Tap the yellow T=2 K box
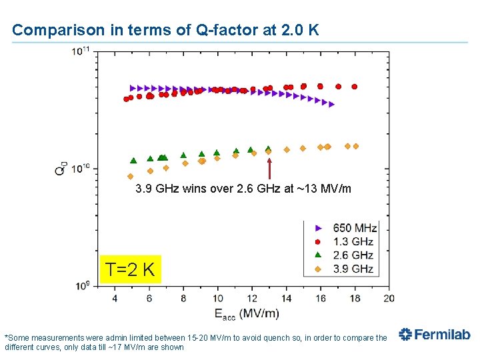[x=131, y=269]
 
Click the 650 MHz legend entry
[x=346, y=228]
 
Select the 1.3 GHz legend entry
[x=344, y=241]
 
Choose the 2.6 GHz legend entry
[x=344, y=255]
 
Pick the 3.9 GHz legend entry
[x=344, y=269]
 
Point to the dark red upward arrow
[x=269, y=169]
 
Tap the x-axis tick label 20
[x=389, y=298]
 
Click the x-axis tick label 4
[x=115, y=298]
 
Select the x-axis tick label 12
[x=252, y=298]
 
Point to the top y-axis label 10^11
[x=81, y=51]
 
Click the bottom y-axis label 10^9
[x=83, y=285]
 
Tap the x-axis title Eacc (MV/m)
[x=247, y=314]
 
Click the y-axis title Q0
[x=61, y=168]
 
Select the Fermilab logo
[x=435, y=334]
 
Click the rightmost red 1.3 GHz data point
[x=355, y=87]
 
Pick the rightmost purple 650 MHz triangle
[x=331, y=105]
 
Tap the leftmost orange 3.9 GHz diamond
[x=131, y=176]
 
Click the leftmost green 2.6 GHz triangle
[x=133, y=161]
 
